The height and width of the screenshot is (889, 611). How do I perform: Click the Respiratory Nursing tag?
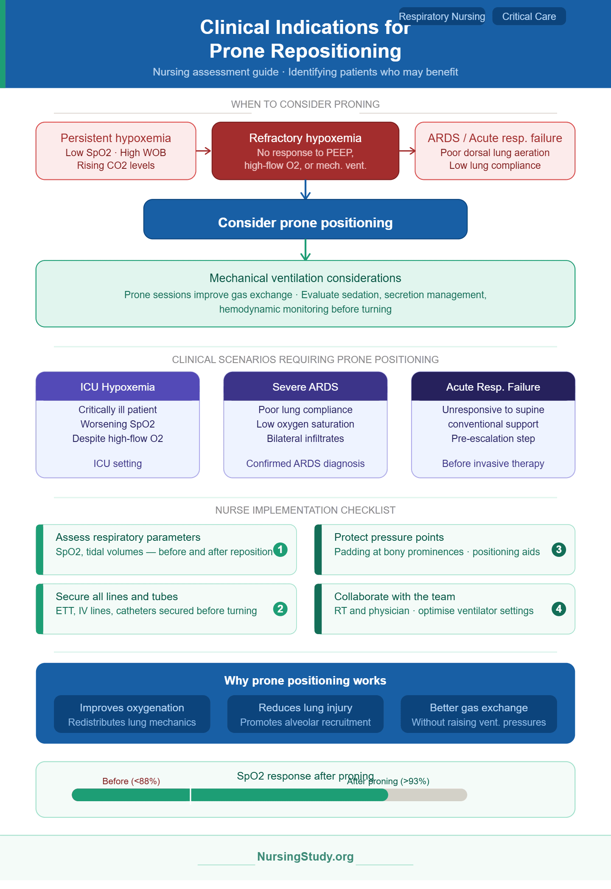click(x=442, y=17)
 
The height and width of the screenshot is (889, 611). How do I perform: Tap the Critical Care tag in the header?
click(x=529, y=17)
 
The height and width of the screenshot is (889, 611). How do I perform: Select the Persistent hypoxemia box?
click(x=116, y=151)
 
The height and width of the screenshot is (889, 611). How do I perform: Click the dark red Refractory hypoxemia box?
click(x=305, y=151)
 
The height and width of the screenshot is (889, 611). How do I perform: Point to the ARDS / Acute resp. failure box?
click(x=495, y=151)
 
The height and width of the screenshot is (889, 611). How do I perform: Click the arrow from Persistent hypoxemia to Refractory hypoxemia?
click(x=204, y=151)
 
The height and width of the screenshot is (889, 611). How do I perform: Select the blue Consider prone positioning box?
click(x=305, y=219)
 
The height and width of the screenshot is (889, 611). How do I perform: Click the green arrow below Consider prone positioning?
click(x=305, y=250)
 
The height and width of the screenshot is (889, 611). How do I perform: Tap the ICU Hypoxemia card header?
click(x=118, y=386)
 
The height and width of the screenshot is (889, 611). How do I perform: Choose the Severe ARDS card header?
click(x=305, y=386)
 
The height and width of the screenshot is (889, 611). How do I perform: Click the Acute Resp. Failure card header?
click(x=493, y=386)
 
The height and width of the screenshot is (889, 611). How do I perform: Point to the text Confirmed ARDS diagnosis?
click(x=305, y=464)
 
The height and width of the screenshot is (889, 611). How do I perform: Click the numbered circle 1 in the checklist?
click(x=280, y=550)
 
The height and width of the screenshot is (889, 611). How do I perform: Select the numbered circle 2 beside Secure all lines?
click(x=280, y=609)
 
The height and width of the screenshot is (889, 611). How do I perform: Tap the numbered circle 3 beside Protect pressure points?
click(x=559, y=550)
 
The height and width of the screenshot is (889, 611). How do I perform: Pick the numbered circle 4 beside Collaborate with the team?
click(x=559, y=609)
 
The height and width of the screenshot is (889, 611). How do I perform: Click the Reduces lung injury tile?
click(x=305, y=714)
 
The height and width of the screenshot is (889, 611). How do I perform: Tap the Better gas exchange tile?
click(x=479, y=714)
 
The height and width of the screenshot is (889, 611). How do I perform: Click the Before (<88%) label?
click(x=131, y=781)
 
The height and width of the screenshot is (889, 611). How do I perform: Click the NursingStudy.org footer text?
click(x=305, y=857)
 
